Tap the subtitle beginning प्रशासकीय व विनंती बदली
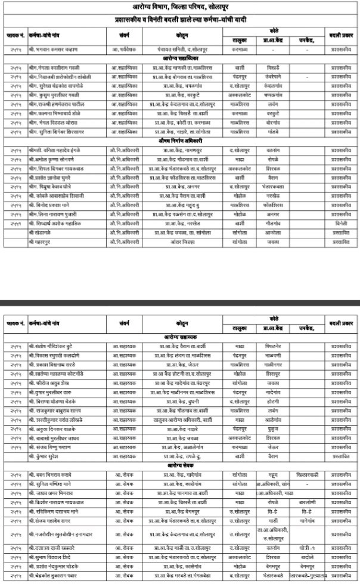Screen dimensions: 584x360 click(180, 19)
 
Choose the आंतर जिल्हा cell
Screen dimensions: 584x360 click(179, 243)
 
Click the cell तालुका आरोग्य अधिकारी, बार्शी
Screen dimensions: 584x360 click(179, 420)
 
